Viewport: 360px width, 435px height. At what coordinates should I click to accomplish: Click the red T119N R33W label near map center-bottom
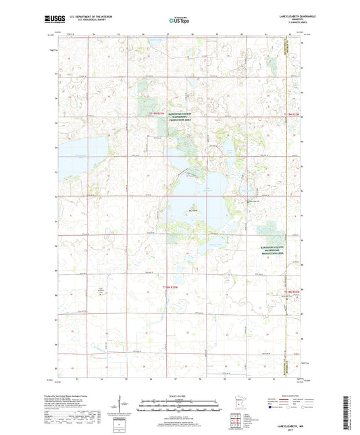click(174, 288)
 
